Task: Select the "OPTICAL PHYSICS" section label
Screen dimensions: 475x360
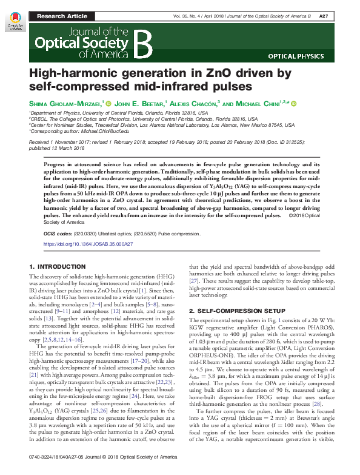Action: [x=299, y=56]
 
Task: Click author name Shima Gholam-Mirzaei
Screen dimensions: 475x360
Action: [x=65, y=104]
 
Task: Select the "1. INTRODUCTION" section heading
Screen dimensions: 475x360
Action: [x=58, y=266]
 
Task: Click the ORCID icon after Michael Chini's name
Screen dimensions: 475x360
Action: [x=295, y=104]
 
